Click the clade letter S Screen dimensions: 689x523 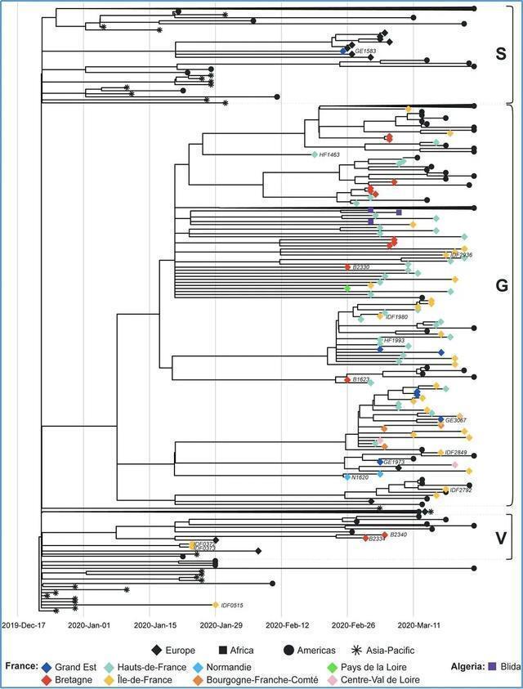[x=501, y=55]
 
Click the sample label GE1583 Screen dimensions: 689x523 [x=365, y=51]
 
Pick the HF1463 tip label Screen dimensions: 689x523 [x=329, y=154]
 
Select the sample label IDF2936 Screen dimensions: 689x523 [x=462, y=255]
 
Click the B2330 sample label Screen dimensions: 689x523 [x=360, y=266]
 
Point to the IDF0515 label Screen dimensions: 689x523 [x=232, y=606]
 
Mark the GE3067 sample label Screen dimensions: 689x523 [x=456, y=420]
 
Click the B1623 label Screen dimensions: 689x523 [x=360, y=380]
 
